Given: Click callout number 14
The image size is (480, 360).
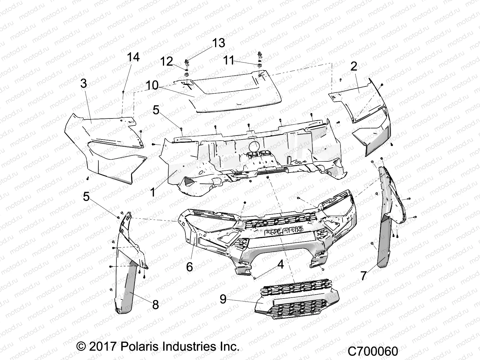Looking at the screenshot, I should pos(133,57).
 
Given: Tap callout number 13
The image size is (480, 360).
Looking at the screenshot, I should pos(218,43).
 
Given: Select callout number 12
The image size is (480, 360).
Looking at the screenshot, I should pos(167,61).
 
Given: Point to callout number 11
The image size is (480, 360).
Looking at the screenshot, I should pos(229,61).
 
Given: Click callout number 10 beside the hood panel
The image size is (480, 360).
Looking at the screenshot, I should pos(152,85).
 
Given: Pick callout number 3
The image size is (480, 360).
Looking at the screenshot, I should pos(83,83).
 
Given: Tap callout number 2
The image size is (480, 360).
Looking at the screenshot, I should pos(354,67).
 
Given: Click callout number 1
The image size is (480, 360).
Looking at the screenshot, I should pos(153,192).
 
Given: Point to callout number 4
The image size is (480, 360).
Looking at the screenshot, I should pos(280,265).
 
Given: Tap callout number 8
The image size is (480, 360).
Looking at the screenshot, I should pos(155,305).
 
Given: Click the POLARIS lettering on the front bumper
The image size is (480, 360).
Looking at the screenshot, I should pos(283,230).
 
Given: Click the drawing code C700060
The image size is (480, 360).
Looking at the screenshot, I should pos(373,351).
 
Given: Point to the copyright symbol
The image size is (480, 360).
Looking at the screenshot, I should pos(80,347).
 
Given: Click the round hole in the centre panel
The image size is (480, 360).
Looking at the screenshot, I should pos(255,147).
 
